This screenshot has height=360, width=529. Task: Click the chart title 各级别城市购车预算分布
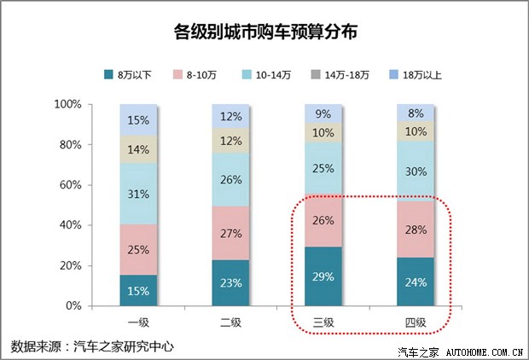pyautogui.click(x=264, y=32)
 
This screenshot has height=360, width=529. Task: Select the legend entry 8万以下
pyautogui.click(x=131, y=75)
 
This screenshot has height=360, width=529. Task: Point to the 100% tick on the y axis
pyautogui.click(x=67, y=104)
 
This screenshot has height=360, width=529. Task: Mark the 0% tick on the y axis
pyautogui.click(x=73, y=305)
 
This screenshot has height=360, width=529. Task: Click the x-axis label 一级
pyautogui.click(x=139, y=322)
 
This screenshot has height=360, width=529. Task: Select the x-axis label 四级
pyautogui.click(x=416, y=322)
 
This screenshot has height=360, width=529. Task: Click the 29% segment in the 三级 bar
pyautogui.click(x=323, y=276)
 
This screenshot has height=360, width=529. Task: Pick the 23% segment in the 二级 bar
pyautogui.click(x=231, y=282)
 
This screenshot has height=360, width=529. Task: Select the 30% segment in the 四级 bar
pyautogui.click(x=416, y=171)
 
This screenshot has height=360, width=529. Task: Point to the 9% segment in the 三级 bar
pyautogui.click(x=323, y=113)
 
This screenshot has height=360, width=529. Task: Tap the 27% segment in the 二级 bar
pyautogui.click(x=231, y=233)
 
